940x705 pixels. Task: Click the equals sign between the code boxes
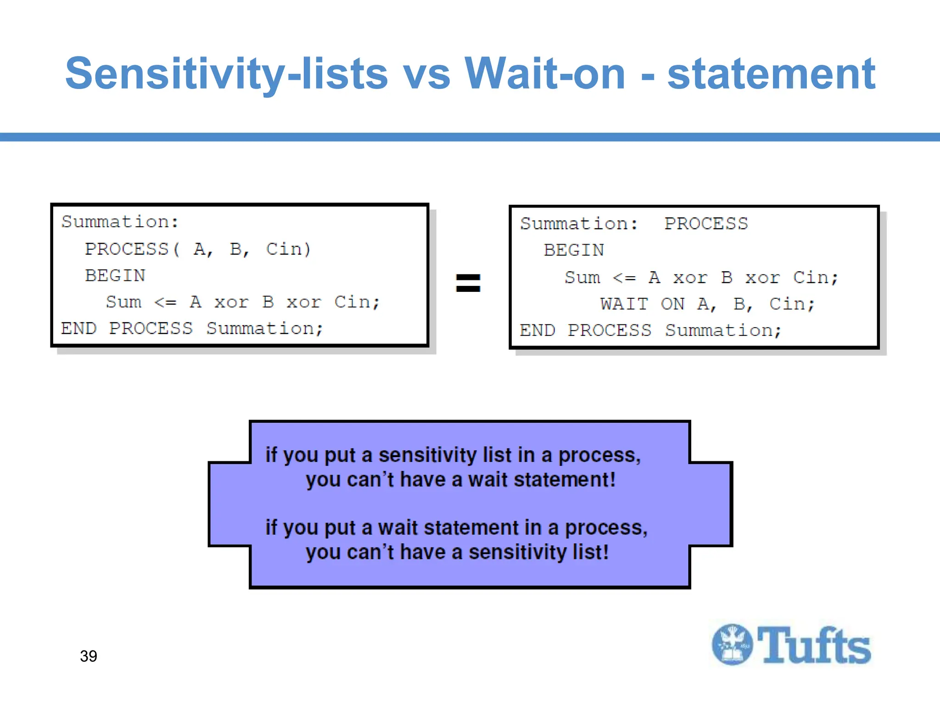468,283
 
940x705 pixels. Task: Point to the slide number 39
88,656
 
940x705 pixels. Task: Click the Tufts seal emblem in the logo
732,644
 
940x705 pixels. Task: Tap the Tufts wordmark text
814,645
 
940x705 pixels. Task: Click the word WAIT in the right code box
624,304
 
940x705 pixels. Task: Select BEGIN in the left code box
115,276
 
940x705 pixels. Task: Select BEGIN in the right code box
574,250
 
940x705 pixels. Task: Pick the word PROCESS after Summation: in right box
706,224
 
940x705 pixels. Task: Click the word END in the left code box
78,329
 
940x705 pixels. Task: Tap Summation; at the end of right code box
723,330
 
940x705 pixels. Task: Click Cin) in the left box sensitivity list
288,249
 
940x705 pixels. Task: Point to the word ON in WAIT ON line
672,304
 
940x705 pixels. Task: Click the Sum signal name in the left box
123,302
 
